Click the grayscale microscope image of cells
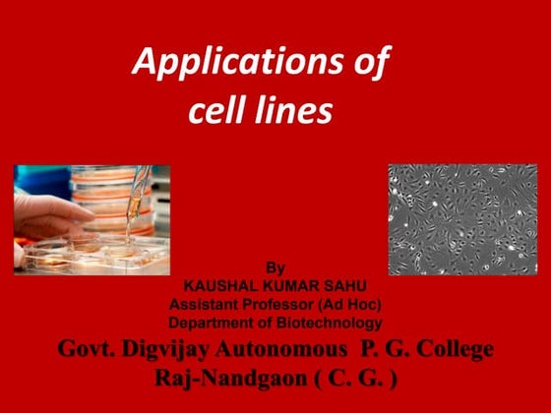pyautogui.click(x=462, y=218)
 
